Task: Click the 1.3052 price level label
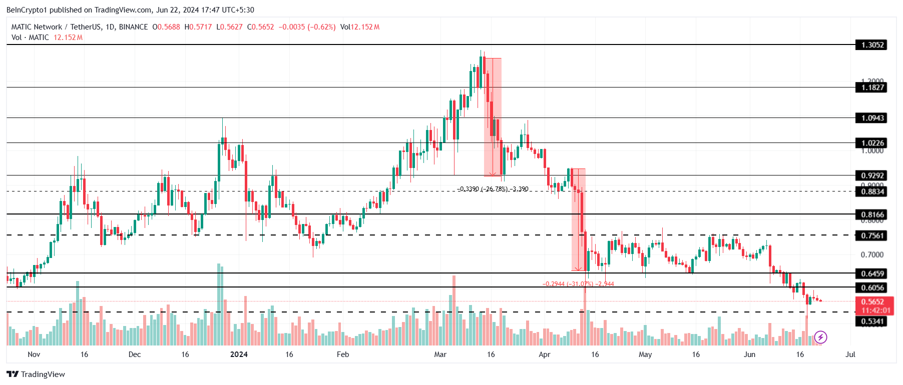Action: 872,45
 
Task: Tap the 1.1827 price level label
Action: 872,87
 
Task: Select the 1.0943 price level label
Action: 872,118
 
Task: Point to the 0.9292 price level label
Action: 872,175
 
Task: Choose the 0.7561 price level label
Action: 872,235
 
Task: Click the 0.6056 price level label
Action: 872,287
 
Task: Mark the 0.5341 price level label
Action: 872,321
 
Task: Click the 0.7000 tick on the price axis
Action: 872,254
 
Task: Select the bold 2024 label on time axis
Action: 239,354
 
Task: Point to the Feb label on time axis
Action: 343,354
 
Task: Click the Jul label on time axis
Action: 850,354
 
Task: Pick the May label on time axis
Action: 645,354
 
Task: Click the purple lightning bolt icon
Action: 820,337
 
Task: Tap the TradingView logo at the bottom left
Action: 36,374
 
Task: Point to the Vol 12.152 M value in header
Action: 360,27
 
